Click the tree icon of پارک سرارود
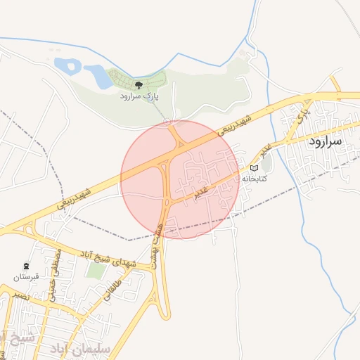tap(139, 84)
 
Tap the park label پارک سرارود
tap(139, 96)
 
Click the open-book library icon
tap(255, 168)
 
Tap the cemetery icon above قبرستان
tap(27, 266)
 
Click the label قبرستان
tap(27, 278)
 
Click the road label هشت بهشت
tap(159, 239)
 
